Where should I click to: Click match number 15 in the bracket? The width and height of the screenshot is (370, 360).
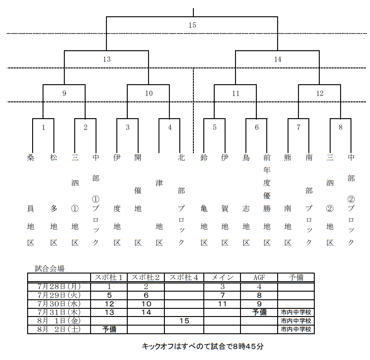(192, 25)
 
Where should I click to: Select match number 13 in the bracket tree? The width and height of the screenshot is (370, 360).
(106, 59)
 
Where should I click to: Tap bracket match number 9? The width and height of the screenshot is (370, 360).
(64, 94)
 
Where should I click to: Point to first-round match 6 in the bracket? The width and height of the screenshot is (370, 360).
(257, 128)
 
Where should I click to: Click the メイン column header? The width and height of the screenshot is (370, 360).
(222, 278)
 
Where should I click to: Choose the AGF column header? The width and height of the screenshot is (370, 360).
(259, 278)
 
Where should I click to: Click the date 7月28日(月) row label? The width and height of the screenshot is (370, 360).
(59, 286)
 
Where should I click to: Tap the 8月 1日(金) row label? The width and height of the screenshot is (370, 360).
(59, 321)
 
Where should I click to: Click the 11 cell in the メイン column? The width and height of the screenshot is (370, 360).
(222, 303)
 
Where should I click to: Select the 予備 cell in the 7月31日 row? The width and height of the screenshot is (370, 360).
(259, 312)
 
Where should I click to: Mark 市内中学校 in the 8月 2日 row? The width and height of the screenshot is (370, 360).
(296, 329)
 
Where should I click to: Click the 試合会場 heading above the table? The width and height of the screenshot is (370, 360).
(49, 268)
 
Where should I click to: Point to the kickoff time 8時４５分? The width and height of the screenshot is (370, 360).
(248, 347)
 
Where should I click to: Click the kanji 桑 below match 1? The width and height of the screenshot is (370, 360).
(31, 158)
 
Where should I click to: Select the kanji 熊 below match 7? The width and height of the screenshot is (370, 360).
(288, 158)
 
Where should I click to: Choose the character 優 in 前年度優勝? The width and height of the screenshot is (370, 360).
(267, 196)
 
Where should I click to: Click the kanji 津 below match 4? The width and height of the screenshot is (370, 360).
(159, 183)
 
